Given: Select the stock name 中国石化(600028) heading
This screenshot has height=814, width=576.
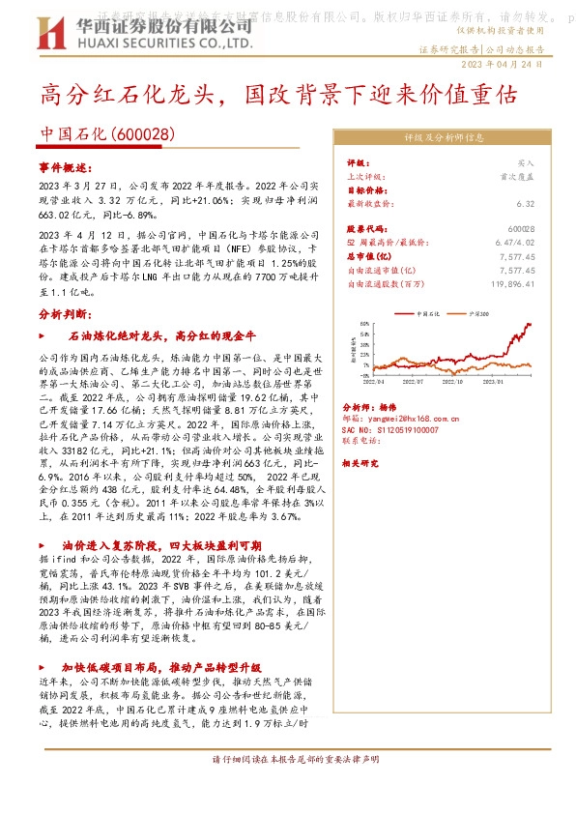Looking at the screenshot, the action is pyautogui.click(x=107, y=135).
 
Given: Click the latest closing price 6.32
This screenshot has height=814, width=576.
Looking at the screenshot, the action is pyautogui.click(x=526, y=204).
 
